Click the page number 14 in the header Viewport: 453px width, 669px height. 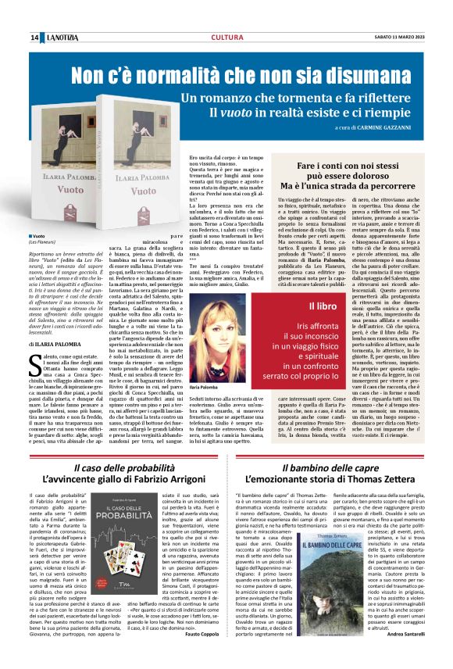34,38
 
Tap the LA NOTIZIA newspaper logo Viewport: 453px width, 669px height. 61,38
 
